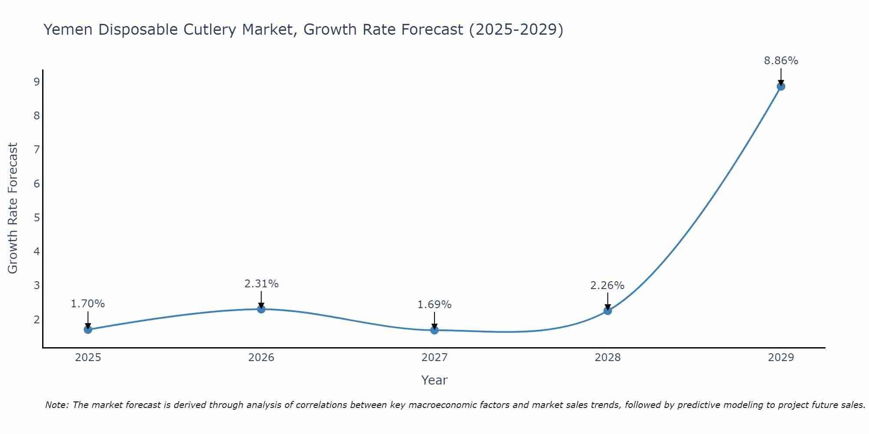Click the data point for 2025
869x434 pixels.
coord(88,329)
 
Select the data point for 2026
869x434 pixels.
coord(261,309)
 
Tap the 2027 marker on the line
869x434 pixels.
coord(434,330)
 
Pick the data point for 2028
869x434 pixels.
coord(607,311)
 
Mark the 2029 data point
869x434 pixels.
coord(781,86)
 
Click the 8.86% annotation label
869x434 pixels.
coord(781,61)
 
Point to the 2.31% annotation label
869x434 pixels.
coord(261,284)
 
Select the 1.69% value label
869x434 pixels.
coord(434,305)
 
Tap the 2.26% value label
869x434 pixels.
coord(607,286)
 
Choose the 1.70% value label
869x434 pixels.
coord(88,304)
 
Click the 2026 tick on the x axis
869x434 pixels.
coord(261,358)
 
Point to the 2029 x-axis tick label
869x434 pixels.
coord(781,358)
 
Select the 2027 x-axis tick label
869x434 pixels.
coord(434,358)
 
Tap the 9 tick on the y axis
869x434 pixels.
coord(36,82)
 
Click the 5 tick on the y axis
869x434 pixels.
coord(36,217)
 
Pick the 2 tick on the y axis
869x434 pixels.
coord(36,319)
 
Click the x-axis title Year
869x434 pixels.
coord(434,380)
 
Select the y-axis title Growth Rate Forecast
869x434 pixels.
coord(13,208)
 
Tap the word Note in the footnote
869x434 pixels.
coord(56,405)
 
